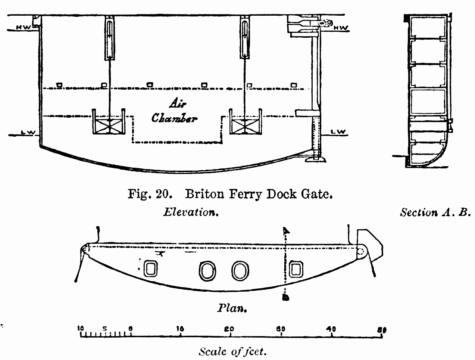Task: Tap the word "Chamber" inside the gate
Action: (x=174, y=118)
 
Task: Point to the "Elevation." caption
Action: (x=190, y=212)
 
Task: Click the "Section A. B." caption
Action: (x=433, y=212)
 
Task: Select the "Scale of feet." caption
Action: (x=233, y=351)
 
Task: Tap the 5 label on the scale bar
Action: (x=105, y=329)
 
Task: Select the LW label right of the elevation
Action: (x=339, y=132)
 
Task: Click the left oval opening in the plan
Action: (x=207, y=270)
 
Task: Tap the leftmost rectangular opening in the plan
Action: (x=151, y=269)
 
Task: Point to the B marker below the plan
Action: (x=286, y=297)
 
